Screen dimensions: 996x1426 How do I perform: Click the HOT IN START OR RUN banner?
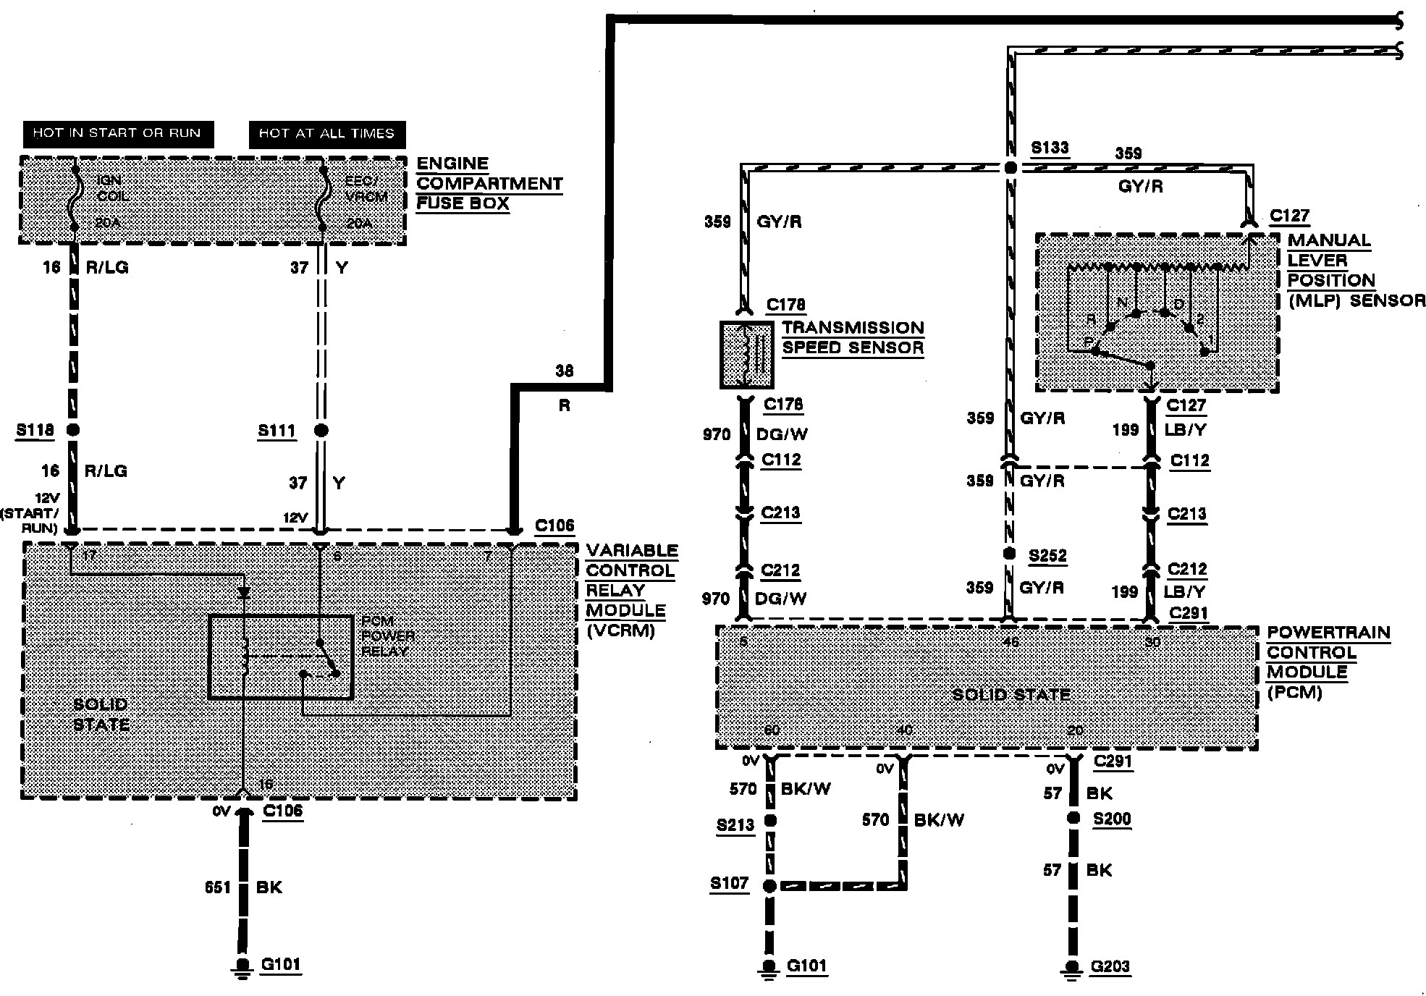pos(117,134)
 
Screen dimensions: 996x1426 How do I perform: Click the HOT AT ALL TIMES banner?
pos(326,134)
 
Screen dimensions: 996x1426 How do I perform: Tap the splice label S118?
pos(35,430)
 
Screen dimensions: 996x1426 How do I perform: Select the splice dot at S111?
pos(321,431)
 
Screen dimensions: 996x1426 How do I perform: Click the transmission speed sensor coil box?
pos(747,355)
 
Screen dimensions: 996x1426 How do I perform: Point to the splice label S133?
pos(1050,148)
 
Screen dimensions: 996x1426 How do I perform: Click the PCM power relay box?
pos(281,657)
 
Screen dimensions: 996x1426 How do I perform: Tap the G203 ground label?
pos(1110,966)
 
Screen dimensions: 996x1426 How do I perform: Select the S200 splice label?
pos(1112,819)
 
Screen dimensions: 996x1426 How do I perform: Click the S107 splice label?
pos(729,884)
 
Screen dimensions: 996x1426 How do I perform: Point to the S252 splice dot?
pos(1009,554)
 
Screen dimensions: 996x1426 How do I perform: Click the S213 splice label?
pos(735,825)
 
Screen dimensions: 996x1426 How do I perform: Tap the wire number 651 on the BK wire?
pos(218,887)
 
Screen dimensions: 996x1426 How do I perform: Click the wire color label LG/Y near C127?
pos(1186,429)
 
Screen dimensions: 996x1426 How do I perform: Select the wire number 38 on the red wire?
pos(565,371)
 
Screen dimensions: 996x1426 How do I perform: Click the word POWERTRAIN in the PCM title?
pos(1328,633)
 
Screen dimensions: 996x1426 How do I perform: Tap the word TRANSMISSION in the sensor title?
pos(853,327)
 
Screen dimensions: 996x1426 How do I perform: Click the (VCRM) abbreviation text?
pos(620,630)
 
